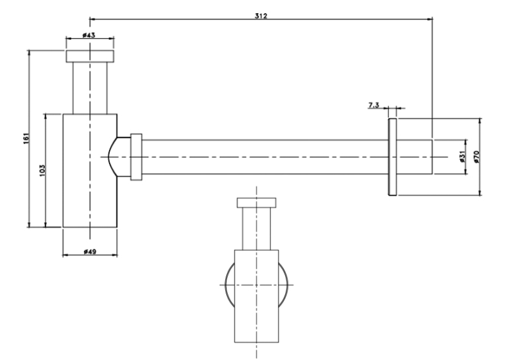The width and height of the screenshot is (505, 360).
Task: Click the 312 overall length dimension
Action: click(x=261, y=16)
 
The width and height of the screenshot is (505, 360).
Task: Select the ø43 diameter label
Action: click(x=88, y=35)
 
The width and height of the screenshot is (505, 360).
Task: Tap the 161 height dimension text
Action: click(x=26, y=138)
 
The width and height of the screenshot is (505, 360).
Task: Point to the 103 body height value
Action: click(x=42, y=170)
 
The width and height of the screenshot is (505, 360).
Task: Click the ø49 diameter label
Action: click(x=90, y=252)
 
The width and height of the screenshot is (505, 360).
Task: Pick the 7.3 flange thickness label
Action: click(x=374, y=105)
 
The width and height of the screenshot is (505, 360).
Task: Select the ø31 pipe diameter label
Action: click(x=463, y=157)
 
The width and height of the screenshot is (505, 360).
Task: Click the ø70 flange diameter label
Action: click(x=477, y=157)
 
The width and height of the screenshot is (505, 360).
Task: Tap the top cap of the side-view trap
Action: click(x=90, y=55)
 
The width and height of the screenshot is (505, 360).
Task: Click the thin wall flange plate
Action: click(x=392, y=157)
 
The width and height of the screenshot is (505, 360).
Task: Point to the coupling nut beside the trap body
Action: click(x=136, y=157)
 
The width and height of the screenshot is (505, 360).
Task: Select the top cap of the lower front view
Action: click(x=256, y=203)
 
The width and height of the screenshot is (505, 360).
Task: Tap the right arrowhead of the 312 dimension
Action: click(x=430, y=19)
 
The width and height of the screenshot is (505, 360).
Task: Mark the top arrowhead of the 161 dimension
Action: click(x=29, y=54)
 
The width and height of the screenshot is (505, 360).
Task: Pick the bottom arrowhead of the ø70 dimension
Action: click(x=480, y=192)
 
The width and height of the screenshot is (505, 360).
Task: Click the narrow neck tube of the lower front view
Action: click(x=256, y=229)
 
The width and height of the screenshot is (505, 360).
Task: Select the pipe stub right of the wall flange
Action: click(x=414, y=157)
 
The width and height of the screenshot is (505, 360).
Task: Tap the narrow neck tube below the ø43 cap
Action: click(x=90, y=88)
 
